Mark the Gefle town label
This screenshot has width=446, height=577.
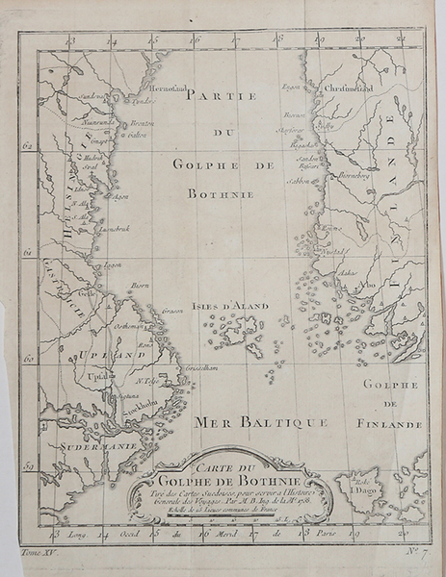pyautogui.click(x=87, y=294)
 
